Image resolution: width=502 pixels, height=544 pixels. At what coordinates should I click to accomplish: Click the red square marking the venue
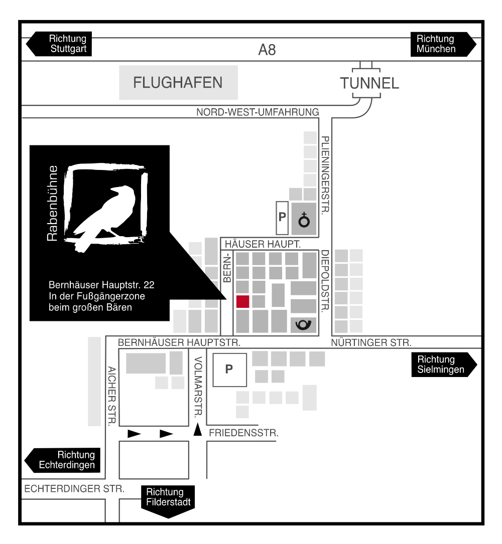coord(242,301)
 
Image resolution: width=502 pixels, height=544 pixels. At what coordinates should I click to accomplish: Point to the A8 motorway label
coord(267,50)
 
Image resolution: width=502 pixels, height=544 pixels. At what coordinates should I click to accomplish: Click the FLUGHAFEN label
coord(178,83)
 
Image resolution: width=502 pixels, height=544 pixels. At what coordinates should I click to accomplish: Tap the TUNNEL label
coord(369,83)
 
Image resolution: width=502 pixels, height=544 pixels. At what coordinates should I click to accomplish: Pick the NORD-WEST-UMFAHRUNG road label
coord(258,112)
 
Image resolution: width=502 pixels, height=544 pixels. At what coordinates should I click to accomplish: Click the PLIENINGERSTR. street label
coord(325,175)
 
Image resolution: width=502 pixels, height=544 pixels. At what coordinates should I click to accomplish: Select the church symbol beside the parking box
coord(304,219)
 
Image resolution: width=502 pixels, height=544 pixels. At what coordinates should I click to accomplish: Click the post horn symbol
coord(303,325)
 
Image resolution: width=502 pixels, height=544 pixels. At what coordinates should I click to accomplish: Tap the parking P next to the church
coord(282,217)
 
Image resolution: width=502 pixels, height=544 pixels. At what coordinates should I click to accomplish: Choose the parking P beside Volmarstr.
coord(229,370)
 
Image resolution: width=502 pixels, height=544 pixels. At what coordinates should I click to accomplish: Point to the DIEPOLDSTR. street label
coord(325,281)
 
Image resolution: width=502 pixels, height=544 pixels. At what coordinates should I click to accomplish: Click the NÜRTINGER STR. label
coord(371,343)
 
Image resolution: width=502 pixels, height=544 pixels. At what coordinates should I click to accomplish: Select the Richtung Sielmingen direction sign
coord(444,365)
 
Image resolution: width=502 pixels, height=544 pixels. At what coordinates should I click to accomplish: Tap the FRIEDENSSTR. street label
coord(243,433)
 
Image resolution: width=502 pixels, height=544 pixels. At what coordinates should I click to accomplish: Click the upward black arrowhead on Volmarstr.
coord(197,429)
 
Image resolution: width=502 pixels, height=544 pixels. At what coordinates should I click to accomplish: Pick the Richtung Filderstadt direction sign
coord(168,501)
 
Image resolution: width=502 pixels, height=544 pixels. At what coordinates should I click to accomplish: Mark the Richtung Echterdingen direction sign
coord(63,460)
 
